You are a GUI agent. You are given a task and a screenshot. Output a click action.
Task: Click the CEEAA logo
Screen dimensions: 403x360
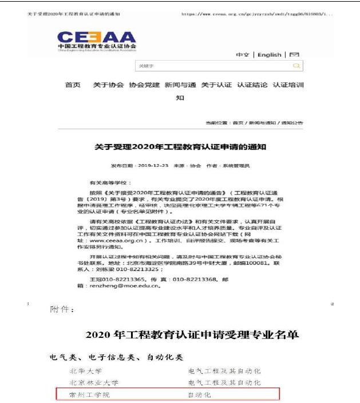click(x=97, y=39)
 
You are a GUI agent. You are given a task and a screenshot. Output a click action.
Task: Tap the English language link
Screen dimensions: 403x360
click(x=269, y=55)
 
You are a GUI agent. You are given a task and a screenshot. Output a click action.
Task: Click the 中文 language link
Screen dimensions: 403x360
click(x=243, y=55)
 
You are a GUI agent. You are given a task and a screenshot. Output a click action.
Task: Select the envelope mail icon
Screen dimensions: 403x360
click(x=294, y=55)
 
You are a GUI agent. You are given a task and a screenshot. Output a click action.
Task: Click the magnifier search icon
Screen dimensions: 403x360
click(x=296, y=66)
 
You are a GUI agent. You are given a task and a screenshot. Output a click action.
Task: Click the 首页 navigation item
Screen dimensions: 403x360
click(x=73, y=85)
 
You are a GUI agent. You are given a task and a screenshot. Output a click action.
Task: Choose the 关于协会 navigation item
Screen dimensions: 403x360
click(x=108, y=85)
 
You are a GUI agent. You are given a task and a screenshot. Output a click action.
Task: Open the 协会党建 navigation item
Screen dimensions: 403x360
click(x=144, y=85)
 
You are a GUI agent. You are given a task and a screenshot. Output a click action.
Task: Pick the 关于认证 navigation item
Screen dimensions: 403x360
click(x=216, y=85)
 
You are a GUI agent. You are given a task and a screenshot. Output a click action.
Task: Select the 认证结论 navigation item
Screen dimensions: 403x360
click(x=252, y=85)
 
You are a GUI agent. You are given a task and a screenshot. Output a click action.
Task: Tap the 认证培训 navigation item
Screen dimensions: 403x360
click(x=288, y=85)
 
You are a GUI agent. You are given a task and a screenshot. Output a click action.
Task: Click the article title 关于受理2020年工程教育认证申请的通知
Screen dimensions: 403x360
click(x=180, y=147)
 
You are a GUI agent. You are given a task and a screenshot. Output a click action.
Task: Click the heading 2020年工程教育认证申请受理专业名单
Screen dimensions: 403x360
click(x=192, y=334)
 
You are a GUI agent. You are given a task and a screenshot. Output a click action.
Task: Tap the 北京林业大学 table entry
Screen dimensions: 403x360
click(x=94, y=382)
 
